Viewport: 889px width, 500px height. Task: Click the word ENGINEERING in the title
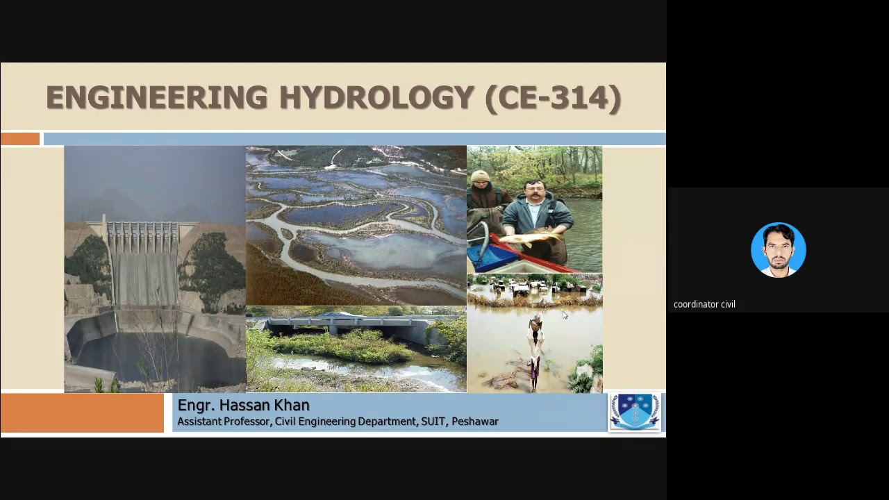point(156,98)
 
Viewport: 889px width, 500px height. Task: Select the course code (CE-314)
point(553,98)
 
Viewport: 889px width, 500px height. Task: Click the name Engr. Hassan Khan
point(243,406)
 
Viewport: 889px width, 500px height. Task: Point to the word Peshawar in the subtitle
point(475,422)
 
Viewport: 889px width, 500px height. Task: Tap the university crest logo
point(635,411)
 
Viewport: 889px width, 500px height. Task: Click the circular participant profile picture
point(778,249)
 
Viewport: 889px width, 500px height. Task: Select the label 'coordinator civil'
point(704,304)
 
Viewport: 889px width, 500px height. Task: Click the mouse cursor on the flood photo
point(565,315)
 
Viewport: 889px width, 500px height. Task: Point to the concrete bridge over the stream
point(347,323)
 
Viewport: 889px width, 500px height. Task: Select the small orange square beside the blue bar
point(20,139)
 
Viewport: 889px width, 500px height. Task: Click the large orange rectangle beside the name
point(82,413)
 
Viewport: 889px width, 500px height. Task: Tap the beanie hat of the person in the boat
point(480,176)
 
